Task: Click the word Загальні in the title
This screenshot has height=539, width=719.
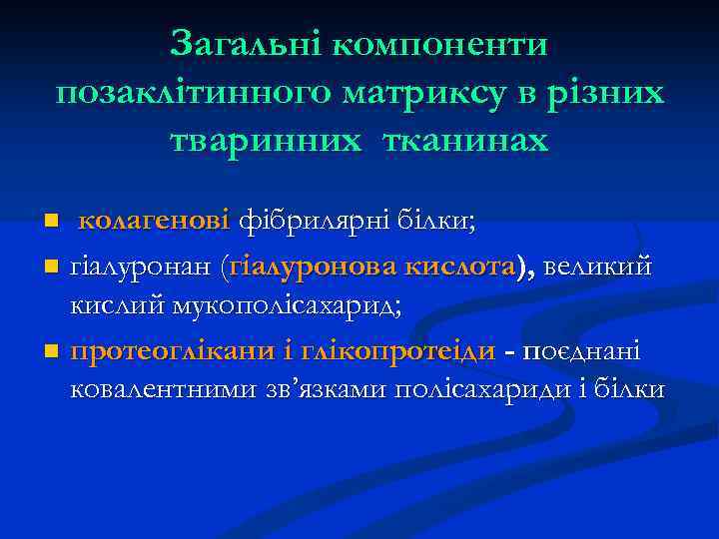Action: (x=244, y=43)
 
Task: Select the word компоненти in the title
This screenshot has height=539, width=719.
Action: (x=440, y=45)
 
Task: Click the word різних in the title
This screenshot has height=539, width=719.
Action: (x=607, y=94)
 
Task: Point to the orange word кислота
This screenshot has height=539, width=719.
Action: (x=462, y=267)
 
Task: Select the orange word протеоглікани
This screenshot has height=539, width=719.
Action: (x=179, y=352)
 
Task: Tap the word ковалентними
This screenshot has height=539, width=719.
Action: (x=181, y=388)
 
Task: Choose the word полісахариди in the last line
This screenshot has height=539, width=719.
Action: (x=481, y=388)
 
